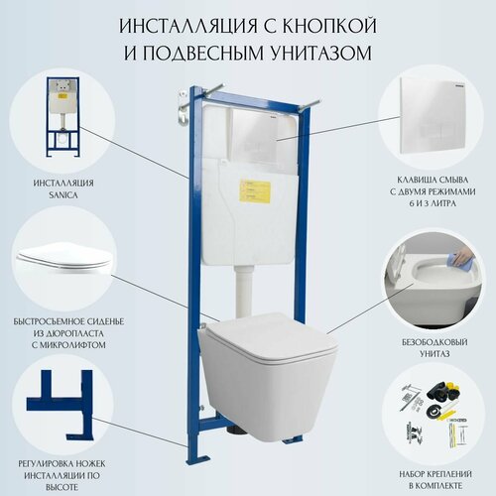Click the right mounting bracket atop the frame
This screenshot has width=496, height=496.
(316, 101)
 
